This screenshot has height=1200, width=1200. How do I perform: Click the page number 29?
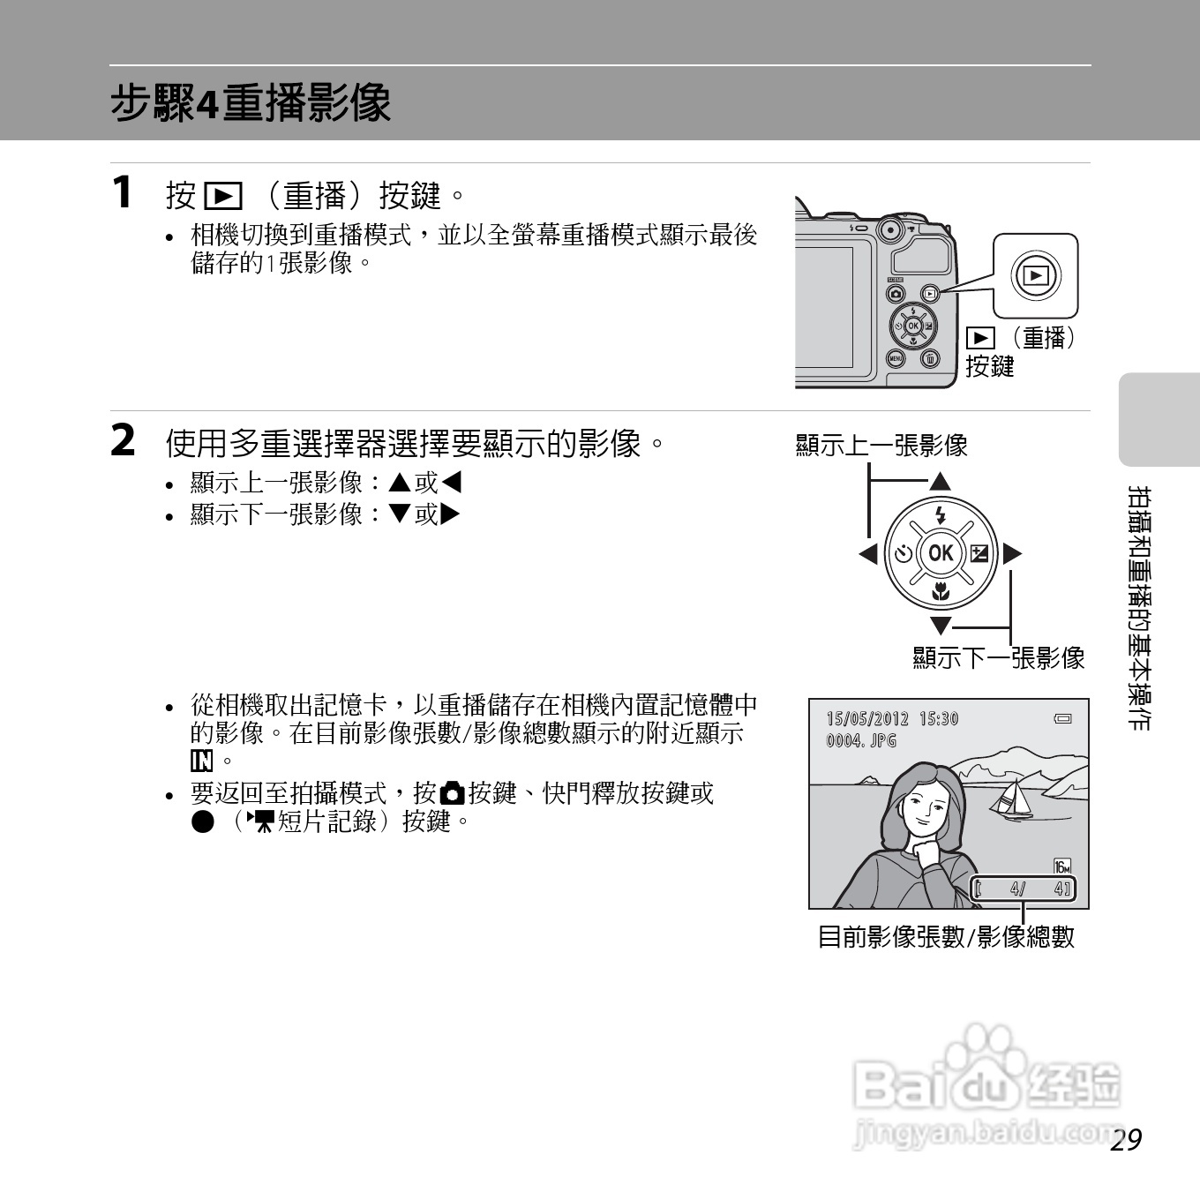[1126, 1139]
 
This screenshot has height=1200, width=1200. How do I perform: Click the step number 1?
[123, 191]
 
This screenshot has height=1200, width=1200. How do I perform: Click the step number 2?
[124, 440]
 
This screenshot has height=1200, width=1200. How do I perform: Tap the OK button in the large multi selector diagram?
[941, 553]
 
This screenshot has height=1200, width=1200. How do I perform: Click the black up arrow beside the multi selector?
[940, 482]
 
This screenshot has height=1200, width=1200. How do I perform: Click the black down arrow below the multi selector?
[941, 626]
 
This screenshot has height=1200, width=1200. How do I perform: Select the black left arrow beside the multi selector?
[868, 554]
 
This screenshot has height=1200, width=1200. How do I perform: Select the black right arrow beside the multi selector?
[1012, 554]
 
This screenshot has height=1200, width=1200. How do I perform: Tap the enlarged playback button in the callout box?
[1036, 276]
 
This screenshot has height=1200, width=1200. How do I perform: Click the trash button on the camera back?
[931, 358]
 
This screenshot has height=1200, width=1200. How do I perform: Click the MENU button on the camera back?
[896, 358]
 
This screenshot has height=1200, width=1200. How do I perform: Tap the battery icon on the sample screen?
[1063, 719]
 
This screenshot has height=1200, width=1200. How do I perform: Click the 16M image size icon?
[1062, 866]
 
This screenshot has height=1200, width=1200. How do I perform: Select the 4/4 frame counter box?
[1024, 889]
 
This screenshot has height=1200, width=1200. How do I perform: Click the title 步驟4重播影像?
[251, 103]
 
